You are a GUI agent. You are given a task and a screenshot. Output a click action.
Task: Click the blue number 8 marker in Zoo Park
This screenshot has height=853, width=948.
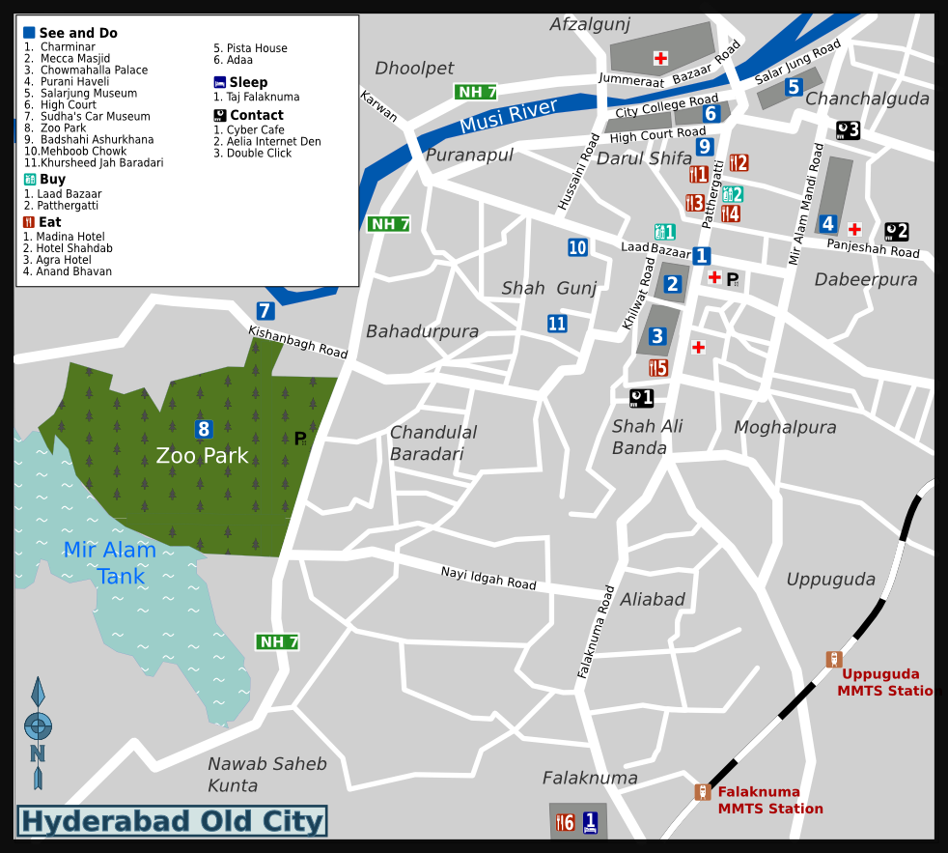coord(204,429)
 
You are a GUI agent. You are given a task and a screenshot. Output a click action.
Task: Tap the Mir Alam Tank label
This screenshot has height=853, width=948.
coord(110,563)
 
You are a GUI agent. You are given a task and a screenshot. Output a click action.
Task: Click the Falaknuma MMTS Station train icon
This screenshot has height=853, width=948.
coord(703,792)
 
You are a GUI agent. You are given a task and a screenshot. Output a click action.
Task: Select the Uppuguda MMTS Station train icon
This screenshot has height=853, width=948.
coord(834,659)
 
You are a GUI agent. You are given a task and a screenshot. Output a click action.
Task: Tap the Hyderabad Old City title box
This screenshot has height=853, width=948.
coord(172,821)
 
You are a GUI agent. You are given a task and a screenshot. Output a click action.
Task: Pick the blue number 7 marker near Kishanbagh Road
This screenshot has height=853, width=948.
coord(265,311)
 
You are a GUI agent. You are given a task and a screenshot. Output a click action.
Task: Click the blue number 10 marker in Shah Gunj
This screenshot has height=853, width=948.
coord(577,247)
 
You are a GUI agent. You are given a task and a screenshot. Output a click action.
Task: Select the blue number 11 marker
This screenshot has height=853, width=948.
coord(557,324)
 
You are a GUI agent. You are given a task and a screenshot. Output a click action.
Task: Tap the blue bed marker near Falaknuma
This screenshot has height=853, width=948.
coord(590,822)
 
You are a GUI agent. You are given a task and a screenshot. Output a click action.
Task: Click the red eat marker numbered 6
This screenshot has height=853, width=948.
coord(566,822)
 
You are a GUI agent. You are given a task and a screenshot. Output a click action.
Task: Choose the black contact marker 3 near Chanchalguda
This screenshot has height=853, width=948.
coord(848,130)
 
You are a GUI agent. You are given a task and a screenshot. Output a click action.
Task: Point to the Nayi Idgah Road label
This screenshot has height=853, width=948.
coord(488,578)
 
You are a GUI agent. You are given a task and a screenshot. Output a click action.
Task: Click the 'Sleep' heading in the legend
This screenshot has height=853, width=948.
coord(248,82)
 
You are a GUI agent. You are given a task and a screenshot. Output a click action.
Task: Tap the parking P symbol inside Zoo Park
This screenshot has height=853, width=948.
coord(300,439)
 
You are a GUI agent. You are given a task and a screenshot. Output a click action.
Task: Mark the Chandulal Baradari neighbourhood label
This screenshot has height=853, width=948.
coord(432,442)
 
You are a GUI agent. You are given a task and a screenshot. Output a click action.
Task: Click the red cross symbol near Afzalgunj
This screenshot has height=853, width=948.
coord(660,58)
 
